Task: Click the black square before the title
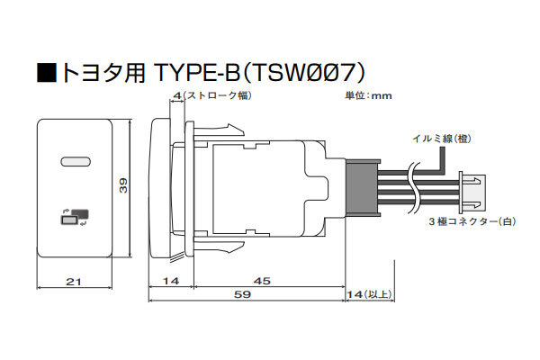click(x=47, y=71)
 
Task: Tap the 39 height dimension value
click(x=124, y=185)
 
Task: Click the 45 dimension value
click(x=260, y=282)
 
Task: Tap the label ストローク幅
click(x=217, y=94)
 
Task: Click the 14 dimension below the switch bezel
click(x=170, y=282)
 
